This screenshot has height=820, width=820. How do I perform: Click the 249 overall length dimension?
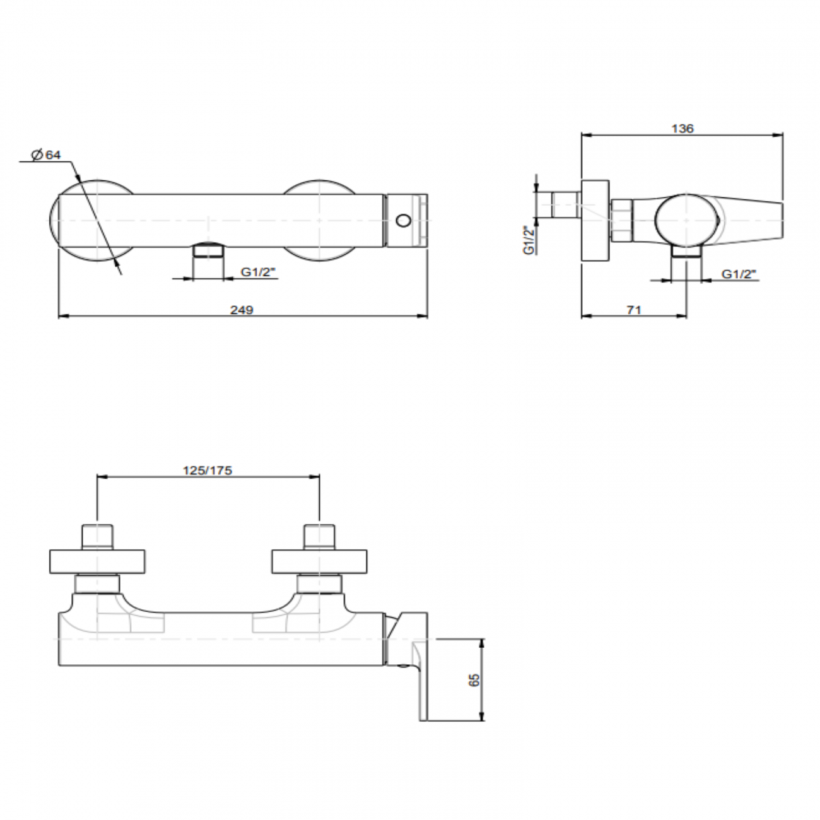pos(242,309)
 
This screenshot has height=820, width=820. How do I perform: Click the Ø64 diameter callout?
pos(48,155)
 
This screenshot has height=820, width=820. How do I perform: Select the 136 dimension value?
pos(682,128)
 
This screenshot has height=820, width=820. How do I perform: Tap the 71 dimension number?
pos(634,309)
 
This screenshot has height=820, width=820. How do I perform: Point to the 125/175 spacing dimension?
pos(208,470)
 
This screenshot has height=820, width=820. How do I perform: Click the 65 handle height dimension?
pos(475,679)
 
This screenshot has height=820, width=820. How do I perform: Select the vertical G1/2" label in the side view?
pos(529,239)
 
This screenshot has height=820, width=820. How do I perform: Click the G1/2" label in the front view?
pos(258,272)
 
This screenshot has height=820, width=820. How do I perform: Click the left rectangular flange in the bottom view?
pos(98,561)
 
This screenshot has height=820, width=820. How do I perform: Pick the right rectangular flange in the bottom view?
pos(319,561)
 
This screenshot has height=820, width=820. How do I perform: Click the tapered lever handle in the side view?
pos(751,221)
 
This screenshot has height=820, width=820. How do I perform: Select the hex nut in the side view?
pos(621,221)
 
